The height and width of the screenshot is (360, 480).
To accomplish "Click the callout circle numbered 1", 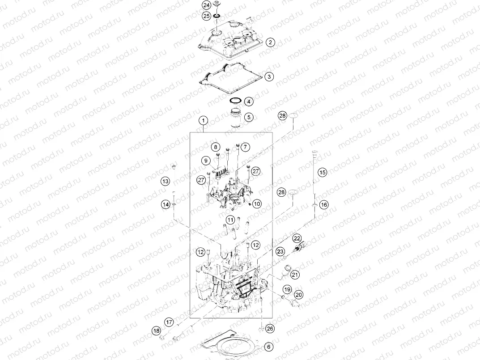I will [204, 121].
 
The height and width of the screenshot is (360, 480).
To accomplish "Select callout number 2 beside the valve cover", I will [270, 43].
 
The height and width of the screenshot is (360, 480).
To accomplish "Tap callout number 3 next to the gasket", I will [268, 77].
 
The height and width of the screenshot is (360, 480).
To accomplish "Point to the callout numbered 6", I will [268, 346].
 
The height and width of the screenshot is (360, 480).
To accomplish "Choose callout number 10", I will [256, 204].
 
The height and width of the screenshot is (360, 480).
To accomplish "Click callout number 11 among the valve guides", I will [230, 220].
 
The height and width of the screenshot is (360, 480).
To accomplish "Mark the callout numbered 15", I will [323, 172].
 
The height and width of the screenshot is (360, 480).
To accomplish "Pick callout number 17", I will [169, 322].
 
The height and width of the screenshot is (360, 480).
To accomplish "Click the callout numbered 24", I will [206, 5].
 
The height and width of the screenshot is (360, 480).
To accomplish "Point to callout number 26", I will [270, 329].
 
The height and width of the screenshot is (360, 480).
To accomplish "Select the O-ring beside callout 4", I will [236, 100].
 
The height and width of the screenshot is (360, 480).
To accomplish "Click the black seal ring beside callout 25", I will [217, 17].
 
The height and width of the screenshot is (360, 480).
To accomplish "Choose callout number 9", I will [206, 160].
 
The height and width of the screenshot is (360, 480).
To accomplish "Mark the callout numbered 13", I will [166, 181].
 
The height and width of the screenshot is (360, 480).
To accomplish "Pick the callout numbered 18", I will [156, 331].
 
